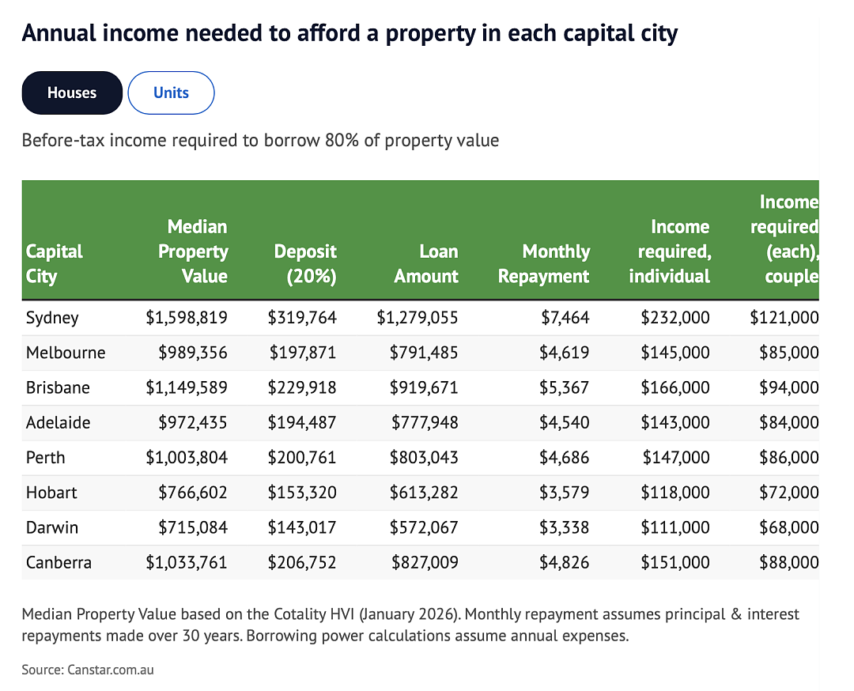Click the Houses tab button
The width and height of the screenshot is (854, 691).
coord(72,93)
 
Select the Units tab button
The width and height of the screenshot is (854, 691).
coord(171,93)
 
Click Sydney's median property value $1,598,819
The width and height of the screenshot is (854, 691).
coord(187,318)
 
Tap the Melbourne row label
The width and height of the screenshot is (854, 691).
coord(66,353)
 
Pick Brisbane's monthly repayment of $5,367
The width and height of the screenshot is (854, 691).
coord(565,387)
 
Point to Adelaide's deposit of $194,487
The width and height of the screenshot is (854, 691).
coord(302,422)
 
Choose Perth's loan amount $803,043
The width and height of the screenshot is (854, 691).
coord(424,457)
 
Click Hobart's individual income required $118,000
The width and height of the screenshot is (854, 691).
coord(675,493)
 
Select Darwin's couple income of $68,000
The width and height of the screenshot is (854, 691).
coord(789,527)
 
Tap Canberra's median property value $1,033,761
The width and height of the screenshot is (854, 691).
coord(187,562)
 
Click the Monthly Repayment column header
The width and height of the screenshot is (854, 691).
coord(543,263)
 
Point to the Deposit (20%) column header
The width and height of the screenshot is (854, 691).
coord(305,263)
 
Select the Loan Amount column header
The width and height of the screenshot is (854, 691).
coord(426,263)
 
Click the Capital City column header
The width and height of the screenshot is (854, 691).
coord(54,263)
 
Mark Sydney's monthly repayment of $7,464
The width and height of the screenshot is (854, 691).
coord(565,318)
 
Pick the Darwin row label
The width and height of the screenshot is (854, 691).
coord(52,527)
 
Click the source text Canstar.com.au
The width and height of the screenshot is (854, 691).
coord(111,669)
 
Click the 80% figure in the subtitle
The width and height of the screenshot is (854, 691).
coord(342,141)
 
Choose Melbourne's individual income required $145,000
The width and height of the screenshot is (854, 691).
coord(675,353)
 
